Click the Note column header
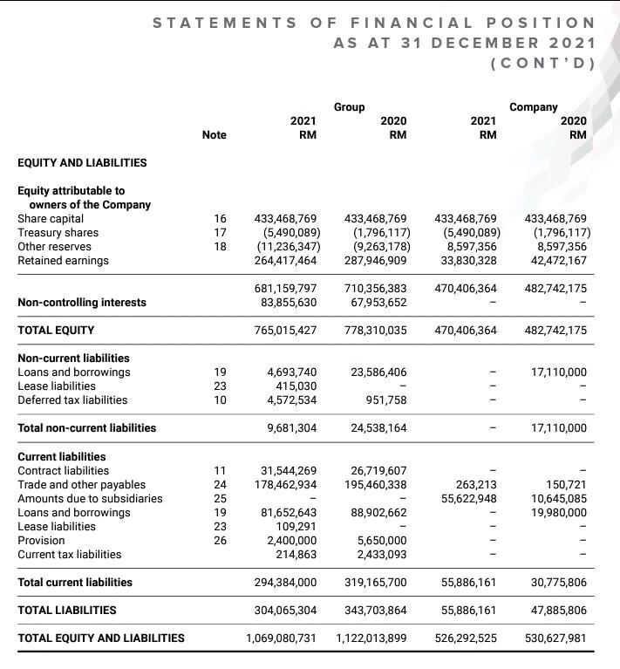coord(214,134)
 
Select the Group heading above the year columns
coord(349,106)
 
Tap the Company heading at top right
coord(533,106)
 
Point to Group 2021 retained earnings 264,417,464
coord(286,260)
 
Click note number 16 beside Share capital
coord(220,218)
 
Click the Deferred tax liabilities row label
coord(72,399)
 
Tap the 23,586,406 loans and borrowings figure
coord(378,372)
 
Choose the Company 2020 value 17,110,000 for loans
coord(557,372)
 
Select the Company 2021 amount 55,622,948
coord(469,498)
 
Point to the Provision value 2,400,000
coord(292,540)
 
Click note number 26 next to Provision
coord(220,540)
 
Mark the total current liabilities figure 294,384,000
coord(285,582)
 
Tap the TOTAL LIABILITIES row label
coord(66,610)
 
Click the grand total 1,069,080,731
coord(280,638)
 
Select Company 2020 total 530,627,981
coord(555,638)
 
